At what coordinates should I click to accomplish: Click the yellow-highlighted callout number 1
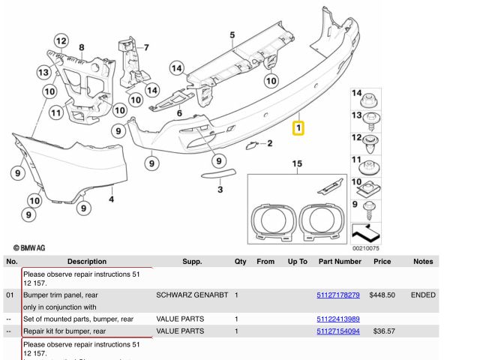(298, 128)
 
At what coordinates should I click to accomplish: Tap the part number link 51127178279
(338, 295)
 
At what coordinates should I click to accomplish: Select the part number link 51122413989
(338, 319)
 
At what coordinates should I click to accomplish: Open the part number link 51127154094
(338, 331)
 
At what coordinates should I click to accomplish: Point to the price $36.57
(384, 331)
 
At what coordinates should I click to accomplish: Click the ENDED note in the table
(423, 295)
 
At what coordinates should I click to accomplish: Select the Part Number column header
(339, 262)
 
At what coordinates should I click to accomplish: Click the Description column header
(86, 262)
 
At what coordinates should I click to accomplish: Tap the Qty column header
(240, 262)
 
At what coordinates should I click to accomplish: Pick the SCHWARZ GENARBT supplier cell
(192, 295)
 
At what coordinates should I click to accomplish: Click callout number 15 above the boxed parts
(297, 163)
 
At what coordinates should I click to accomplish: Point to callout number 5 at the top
(232, 34)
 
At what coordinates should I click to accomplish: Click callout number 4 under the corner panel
(111, 199)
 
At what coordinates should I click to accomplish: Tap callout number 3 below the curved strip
(220, 190)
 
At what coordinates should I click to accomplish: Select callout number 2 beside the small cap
(269, 142)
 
